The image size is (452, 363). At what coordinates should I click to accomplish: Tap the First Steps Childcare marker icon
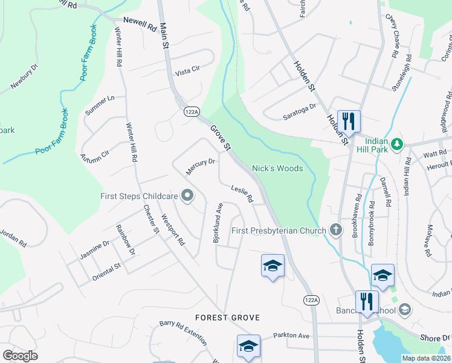[187, 195]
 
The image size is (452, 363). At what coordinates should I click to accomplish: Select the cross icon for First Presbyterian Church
[337, 230]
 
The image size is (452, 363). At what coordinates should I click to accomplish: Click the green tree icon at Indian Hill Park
[397, 144]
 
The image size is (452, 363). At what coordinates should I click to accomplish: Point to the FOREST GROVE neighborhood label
[227, 318]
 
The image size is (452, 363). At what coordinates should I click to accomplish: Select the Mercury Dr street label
[201, 166]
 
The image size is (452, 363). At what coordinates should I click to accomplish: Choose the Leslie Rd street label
[242, 194]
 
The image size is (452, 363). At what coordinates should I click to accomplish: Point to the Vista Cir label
[187, 71]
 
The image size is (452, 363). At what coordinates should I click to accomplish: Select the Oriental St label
[106, 270]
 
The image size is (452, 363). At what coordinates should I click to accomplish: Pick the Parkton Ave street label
[291, 336]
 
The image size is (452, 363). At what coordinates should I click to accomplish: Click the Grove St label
[221, 138]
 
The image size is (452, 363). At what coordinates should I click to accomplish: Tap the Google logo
[19, 356]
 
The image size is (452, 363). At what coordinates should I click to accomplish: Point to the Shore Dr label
[436, 338]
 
